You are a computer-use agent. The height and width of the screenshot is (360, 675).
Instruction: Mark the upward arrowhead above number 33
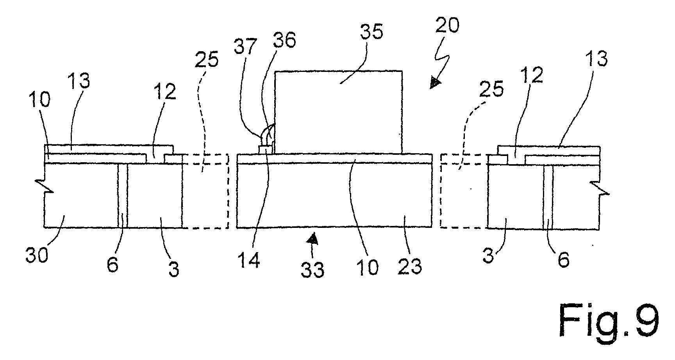tap(312, 238)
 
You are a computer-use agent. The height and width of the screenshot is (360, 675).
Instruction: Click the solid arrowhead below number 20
tap(435, 82)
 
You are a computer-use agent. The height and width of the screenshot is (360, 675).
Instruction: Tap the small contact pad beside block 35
tap(265, 150)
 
